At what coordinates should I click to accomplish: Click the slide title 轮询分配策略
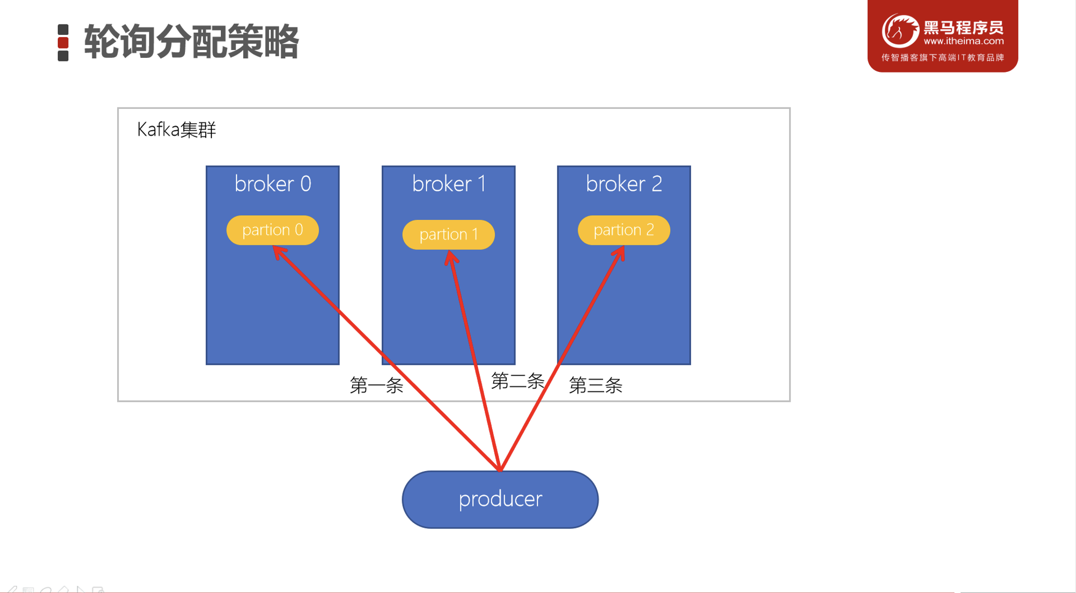pos(191,42)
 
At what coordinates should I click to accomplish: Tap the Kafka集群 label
pos(176,130)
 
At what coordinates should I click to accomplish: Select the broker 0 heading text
pos(272,184)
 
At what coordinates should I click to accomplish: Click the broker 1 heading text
pos(448,184)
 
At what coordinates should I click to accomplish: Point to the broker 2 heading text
pos(623,184)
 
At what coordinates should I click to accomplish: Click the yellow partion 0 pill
pos(272,230)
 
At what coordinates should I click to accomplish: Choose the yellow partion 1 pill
pos(448,234)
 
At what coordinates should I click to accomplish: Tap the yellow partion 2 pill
pos(623,230)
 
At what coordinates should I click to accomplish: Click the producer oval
pos(500,499)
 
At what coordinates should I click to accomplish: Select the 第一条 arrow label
pos(377,386)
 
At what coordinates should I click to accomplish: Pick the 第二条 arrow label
pos(517,381)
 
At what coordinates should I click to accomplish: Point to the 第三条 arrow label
pos(595,386)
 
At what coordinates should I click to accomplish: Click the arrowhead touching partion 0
pos(280,252)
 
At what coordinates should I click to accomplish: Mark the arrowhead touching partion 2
pos(619,253)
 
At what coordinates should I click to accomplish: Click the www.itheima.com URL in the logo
pos(963,41)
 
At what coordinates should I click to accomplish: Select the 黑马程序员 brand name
pos(963,27)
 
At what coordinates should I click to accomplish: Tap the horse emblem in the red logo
pos(899,31)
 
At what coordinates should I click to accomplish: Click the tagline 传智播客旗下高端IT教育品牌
pos(942,57)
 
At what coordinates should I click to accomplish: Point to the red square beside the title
pos(63,43)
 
